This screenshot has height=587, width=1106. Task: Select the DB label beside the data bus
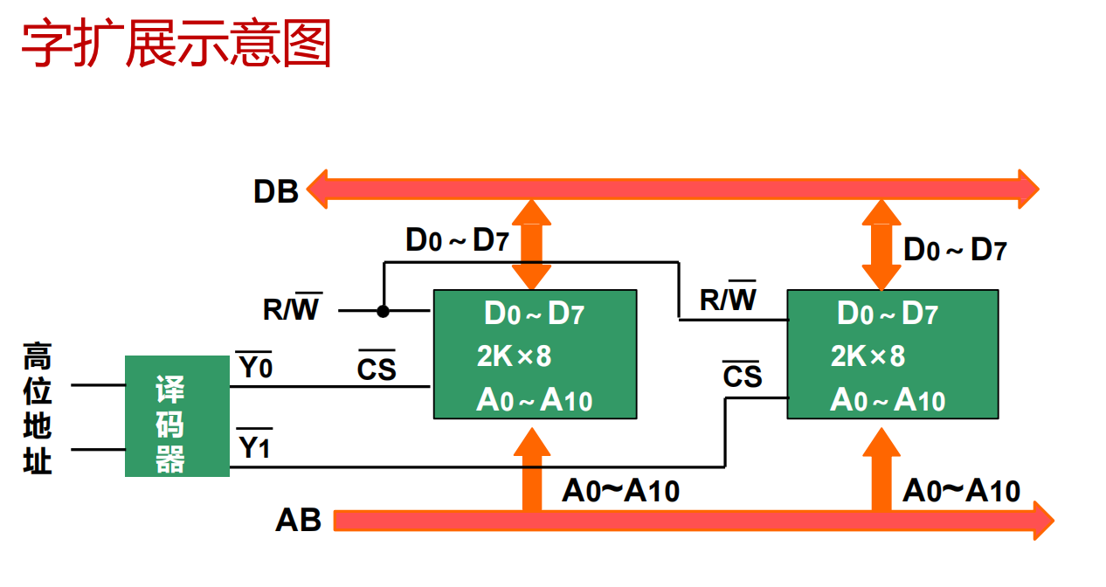(276, 191)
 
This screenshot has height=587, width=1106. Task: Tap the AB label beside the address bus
(299, 521)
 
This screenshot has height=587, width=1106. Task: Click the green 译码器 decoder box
(177, 416)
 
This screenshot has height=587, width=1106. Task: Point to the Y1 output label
(255, 448)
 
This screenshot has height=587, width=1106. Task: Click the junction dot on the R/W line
(383, 310)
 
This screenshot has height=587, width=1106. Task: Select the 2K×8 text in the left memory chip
(514, 356)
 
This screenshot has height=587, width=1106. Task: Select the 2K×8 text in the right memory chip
(868, 356)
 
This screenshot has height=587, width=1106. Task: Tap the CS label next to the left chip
(377, 369)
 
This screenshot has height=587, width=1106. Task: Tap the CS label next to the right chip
(743, 376)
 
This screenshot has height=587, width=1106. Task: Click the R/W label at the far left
(292, 308)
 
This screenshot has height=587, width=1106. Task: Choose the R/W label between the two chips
(728, 299)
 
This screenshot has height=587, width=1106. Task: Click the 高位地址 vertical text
(38, 408)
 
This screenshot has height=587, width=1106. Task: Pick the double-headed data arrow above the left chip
(531, 245)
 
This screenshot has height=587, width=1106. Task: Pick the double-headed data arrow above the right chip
(881, 245)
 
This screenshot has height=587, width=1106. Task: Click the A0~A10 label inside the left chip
(534, 401)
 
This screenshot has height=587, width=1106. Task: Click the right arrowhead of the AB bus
(1042, 521)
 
